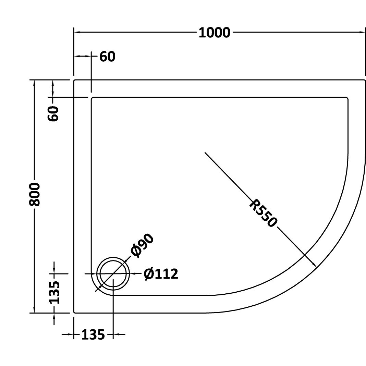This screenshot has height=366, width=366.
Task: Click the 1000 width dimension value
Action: [214, 33]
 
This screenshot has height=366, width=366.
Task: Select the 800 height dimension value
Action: [35, 195]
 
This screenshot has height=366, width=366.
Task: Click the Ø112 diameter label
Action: [161, 274]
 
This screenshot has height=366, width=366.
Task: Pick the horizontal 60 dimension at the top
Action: [107, 57]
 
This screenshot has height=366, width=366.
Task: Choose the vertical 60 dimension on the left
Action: [53, 113]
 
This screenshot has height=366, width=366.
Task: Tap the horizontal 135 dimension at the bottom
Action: [93, 335]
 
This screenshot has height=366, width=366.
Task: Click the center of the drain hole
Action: [113, 273]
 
